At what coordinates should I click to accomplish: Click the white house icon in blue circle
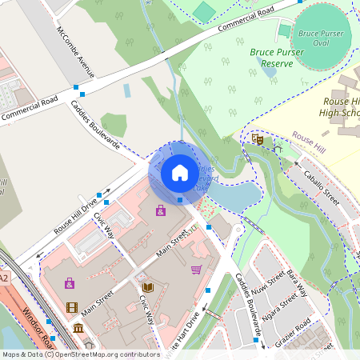pos(179,173)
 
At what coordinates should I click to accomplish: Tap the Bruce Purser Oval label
pos(320,38)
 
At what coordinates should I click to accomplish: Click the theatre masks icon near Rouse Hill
pos(258,138)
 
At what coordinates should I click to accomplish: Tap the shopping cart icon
pos(196,270)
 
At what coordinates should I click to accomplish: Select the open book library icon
pos(147,287)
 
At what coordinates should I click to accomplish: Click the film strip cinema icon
pos(72,307)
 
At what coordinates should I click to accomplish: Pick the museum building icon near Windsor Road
pos(78,329)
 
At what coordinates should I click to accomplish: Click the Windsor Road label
pos(38,326)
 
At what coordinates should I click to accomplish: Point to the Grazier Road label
pos(291,328)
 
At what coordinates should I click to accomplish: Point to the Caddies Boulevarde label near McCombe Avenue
pos(95,126)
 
